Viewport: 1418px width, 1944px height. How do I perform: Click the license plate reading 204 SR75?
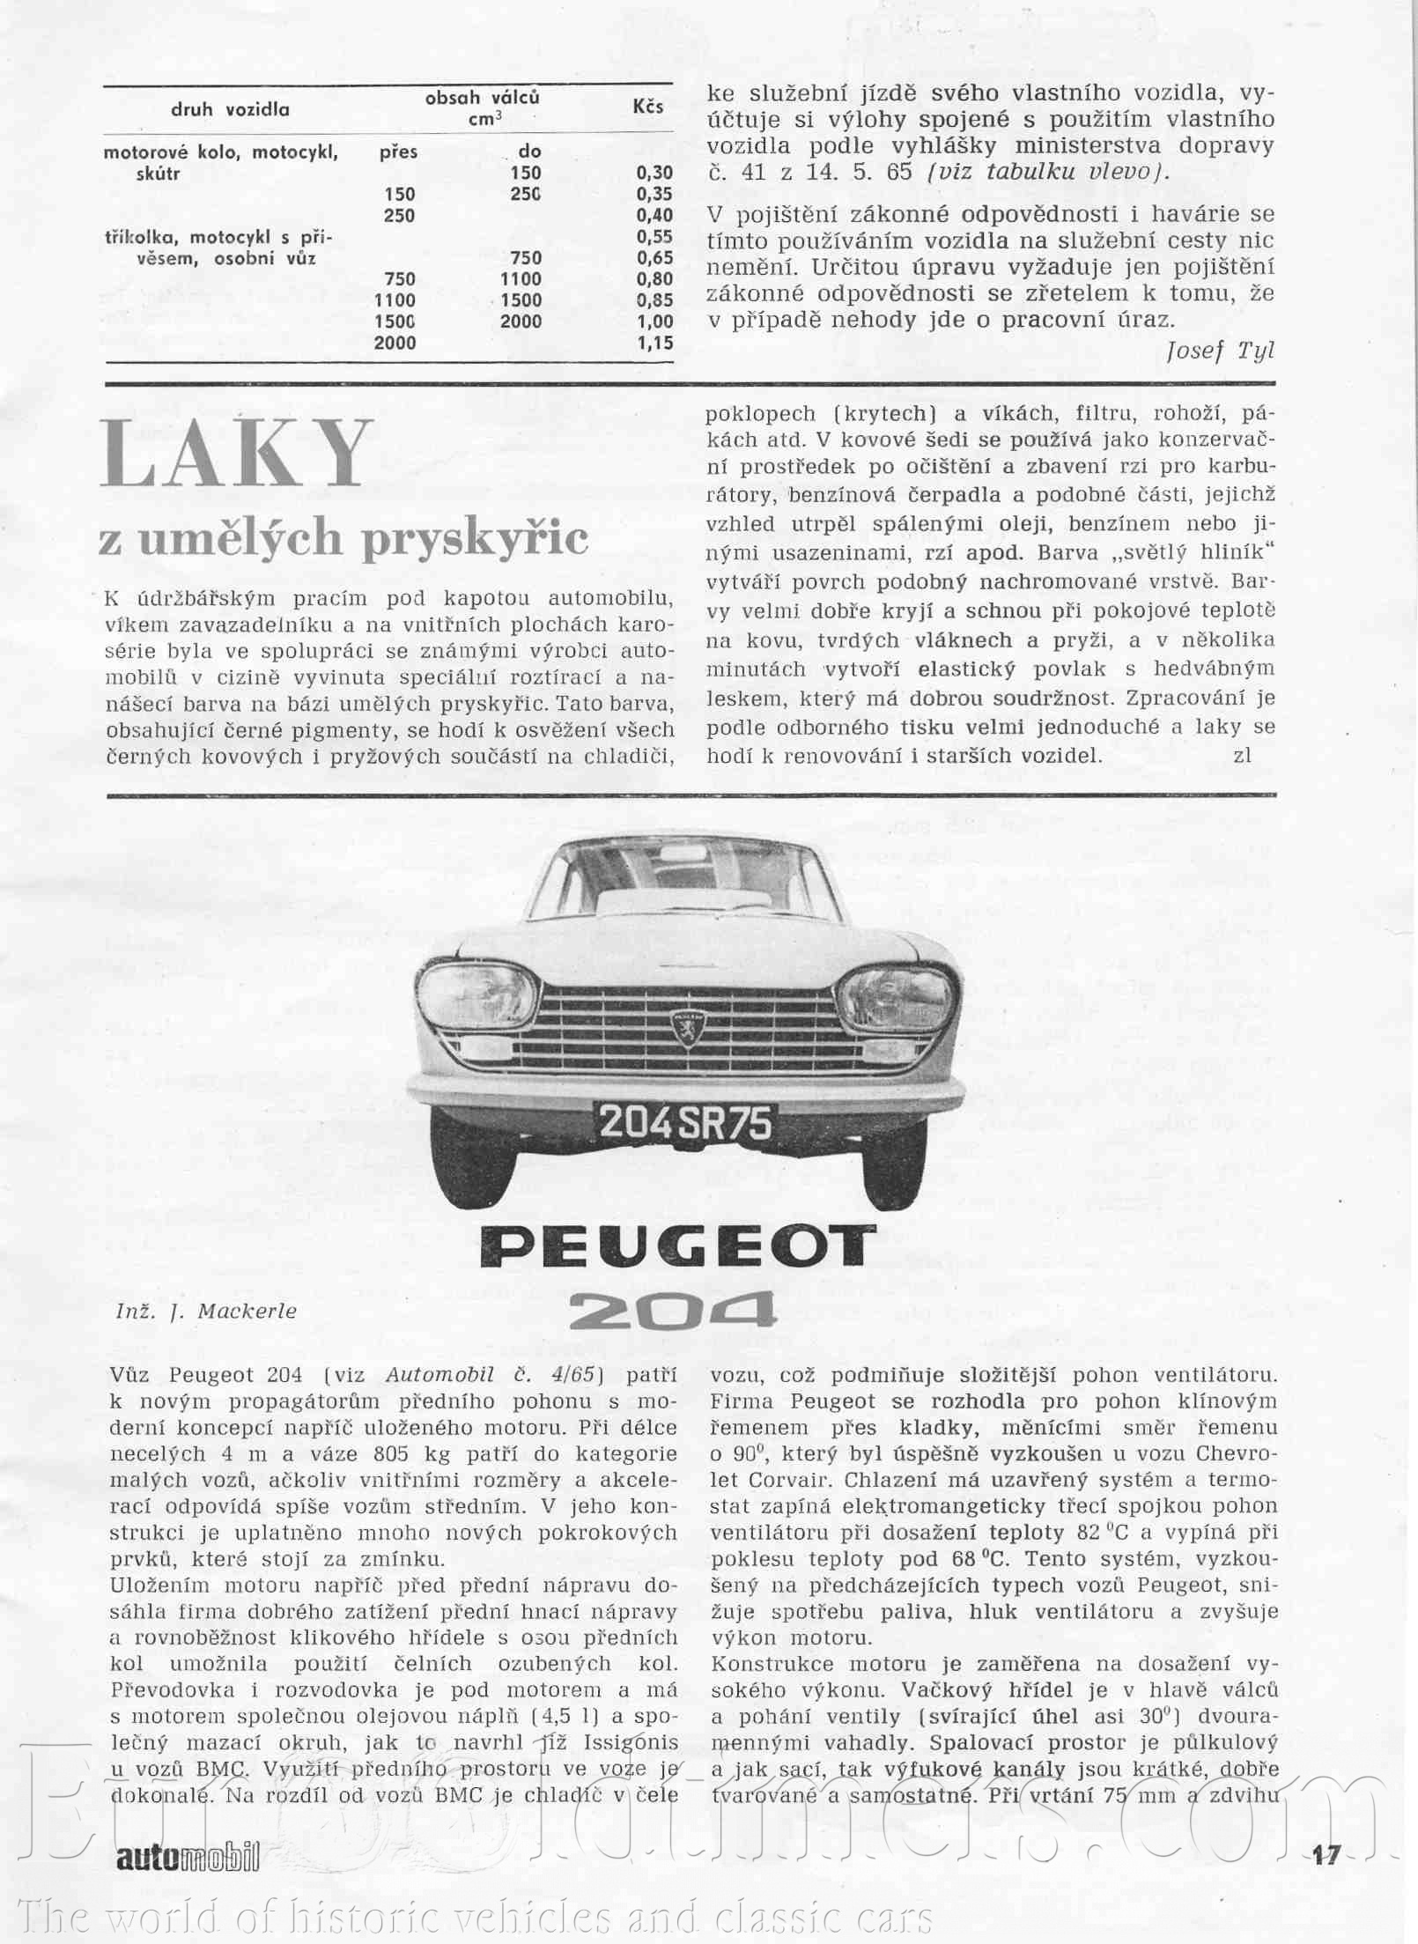pyautogui.click(x=685, y=1123)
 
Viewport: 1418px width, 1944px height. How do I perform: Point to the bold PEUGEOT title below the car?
pyautogui.click(x=677, y=1246)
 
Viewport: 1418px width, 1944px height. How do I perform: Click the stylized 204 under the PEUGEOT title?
pyautogui.click(x=673, y=1312)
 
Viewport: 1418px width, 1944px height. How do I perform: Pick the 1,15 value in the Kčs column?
pyautogui.click(x=654, y=343)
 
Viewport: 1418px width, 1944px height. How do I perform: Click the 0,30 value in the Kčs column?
pyautogui.click(x=654, y=173)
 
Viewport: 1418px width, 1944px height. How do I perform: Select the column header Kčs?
pyautogui.click(x=647, y=107)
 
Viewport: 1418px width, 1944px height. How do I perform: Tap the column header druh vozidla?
pyautogui.click(x=230, y=110)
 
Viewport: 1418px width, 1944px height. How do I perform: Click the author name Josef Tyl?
pyautogui.click(x=1220, y=351)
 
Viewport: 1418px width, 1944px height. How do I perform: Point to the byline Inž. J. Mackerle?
pyautogui.click(x=206, y=1311)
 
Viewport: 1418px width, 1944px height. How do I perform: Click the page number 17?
pyautogui.click(x=1325, y=1855)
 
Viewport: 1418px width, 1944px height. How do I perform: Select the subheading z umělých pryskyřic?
pyautogui.click(x=343, y=537)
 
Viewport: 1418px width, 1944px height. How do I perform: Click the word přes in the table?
pyautogui.click(x=398, y=152)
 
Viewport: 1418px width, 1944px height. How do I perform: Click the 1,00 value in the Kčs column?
pyautogui.click(x=654, y=322)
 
